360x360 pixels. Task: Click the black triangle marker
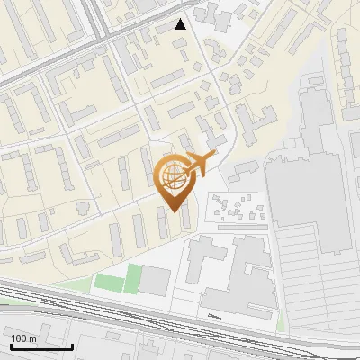181,24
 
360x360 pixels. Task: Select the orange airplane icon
200,163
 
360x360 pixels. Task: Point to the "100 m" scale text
23,338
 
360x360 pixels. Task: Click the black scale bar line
41,346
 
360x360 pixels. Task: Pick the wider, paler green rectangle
109,282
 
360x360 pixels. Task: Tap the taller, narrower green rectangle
134,277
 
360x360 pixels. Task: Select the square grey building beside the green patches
156,281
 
